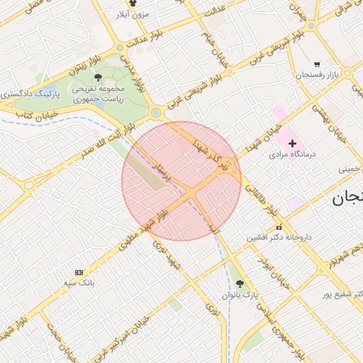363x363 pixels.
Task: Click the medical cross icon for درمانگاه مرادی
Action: point(292,143)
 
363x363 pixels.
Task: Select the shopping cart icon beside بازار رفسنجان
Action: point(316,63)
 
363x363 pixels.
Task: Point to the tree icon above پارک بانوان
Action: point(239,283)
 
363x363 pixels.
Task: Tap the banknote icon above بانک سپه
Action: point(79,272)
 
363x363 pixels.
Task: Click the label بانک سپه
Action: point(79,283)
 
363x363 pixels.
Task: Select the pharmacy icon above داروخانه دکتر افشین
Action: point(279,227)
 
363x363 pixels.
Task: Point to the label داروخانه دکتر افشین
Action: point(279,238)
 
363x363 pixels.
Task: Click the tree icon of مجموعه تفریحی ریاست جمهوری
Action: point(98,77)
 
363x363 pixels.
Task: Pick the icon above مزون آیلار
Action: point(133,4)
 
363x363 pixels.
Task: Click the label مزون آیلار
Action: point(132,13)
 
